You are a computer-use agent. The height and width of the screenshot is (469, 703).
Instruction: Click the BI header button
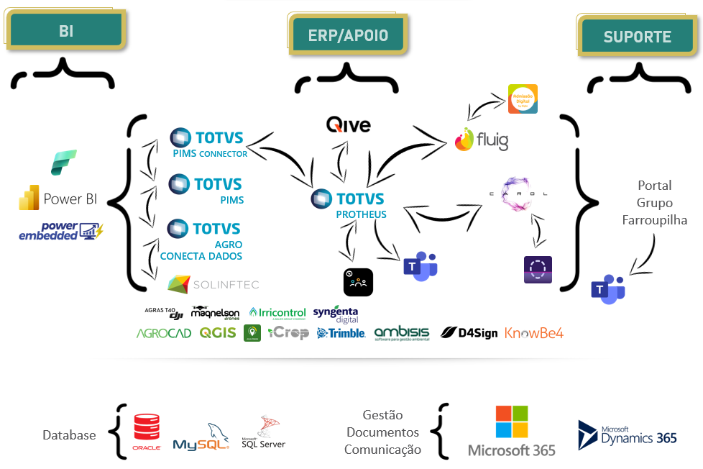66,31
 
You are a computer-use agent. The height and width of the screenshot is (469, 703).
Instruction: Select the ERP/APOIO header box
349,35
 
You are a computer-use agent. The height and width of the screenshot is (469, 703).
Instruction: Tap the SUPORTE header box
638,37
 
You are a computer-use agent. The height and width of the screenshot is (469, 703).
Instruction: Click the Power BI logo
58,199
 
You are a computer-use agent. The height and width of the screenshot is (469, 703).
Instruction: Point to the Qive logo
349,125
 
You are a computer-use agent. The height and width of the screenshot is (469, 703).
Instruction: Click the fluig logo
482,140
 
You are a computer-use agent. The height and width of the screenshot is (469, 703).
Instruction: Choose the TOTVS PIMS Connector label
208,142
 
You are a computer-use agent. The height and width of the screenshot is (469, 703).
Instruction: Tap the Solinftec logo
213,284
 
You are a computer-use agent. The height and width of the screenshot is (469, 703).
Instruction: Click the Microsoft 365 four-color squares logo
512,422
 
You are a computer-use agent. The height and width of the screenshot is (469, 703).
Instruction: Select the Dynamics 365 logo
628,434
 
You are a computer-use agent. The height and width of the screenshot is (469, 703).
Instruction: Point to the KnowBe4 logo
534,333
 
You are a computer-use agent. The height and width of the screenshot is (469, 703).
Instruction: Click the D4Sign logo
469,333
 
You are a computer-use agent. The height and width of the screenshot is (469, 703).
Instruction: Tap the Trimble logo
341,333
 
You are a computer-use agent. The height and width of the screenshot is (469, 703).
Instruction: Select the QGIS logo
218,333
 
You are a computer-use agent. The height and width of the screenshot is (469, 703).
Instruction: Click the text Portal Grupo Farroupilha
655,202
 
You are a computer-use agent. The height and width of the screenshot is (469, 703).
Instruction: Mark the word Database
69,435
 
